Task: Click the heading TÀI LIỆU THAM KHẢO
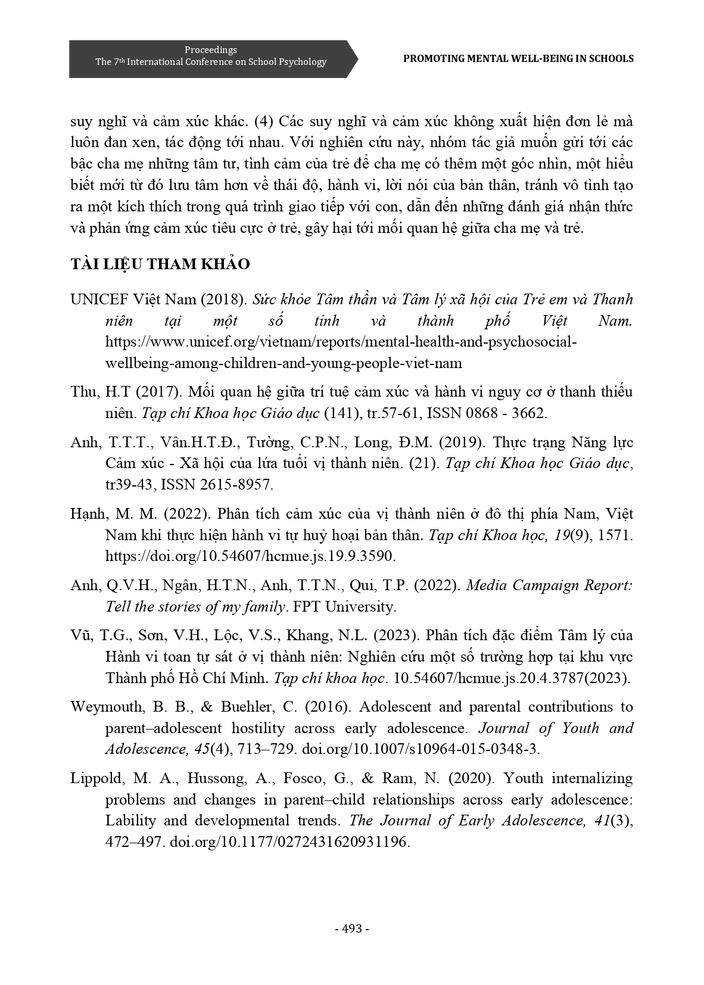click(160, 264)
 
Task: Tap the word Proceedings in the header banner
click(211, 50)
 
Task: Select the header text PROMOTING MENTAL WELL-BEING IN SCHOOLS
click(518, 58)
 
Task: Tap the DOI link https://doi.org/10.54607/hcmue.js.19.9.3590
click(250, 556)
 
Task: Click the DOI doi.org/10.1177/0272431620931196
click(290, 842)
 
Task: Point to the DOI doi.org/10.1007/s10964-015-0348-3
click(420, 749)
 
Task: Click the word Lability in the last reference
click(130, 821)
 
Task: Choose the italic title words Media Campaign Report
click(549, 585)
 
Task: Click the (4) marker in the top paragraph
click(264, 121)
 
